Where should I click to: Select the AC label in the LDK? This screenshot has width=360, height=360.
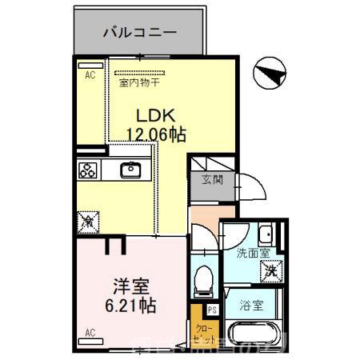90,77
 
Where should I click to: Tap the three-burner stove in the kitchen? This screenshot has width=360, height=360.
88,170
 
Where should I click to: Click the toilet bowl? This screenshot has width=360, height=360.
203,278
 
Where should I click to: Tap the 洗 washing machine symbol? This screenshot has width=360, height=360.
273,272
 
